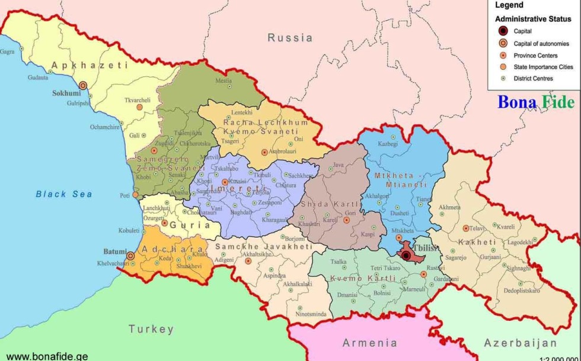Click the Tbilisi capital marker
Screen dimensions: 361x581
[406, 256]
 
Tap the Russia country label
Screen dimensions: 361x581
[290, 38]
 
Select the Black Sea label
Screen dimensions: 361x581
[64, 194]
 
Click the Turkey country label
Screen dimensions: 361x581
[151, 329]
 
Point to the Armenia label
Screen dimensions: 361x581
[370, 343]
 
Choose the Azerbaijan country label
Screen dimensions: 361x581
[521, 343]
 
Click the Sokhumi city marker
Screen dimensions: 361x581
[83, 86]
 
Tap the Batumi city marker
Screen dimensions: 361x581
[130, 256]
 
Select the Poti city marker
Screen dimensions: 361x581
[135, 194]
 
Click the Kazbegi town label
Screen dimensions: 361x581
[388, 144]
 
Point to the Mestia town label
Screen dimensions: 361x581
[224, 80]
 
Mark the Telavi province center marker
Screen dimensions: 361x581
[466, 228]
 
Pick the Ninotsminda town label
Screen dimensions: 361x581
[311, 314]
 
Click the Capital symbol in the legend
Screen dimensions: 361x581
[503, 31]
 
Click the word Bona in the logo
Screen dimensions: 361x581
[517, 102]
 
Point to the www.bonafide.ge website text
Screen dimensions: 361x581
[47, 356]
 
